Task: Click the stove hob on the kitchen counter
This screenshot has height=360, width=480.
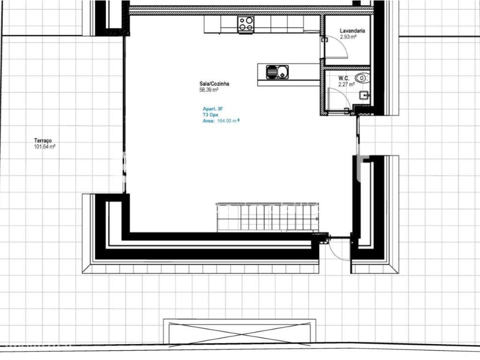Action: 246,24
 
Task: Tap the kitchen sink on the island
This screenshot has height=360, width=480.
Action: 277,72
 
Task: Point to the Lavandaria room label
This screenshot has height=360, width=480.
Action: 352,31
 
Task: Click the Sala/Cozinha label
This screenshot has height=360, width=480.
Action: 214,84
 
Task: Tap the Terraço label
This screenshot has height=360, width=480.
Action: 43,141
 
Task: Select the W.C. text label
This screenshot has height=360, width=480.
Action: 345,79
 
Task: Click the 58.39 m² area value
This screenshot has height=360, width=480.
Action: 209,90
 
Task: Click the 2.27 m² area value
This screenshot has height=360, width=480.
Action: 346,85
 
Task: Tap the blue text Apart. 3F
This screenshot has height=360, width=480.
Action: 213,109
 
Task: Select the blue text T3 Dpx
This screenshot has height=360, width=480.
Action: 210,114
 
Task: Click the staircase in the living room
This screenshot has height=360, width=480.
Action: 267,217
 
